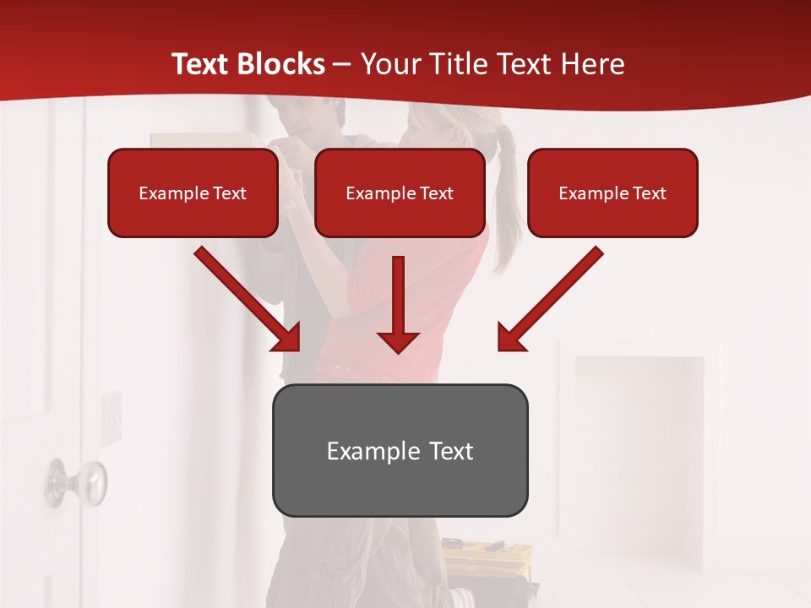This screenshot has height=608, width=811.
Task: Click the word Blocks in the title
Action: (x=280, y=64)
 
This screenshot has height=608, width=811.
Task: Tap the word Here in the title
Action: (x=591, y=64)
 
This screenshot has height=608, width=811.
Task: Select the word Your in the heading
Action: (x=389, y=64)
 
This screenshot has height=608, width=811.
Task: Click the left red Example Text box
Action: (x=193, y=193)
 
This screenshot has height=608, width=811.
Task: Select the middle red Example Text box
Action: (x=400, y=193)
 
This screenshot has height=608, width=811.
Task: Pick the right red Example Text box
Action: (x=612, y=193)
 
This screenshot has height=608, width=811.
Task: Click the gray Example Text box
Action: (x=400, y=451)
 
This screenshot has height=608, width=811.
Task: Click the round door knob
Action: (x=77, y=482)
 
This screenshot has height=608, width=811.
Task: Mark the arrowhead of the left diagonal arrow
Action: (x=287, y=338)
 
